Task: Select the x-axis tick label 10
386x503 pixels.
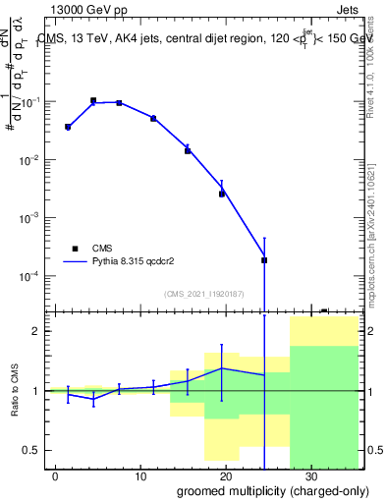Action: tap(141, 476)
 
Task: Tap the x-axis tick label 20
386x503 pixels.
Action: tap(226, 476)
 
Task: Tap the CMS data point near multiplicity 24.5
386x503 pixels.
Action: tap(264, 260)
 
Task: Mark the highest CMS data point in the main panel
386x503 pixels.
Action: tap(93, 100)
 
